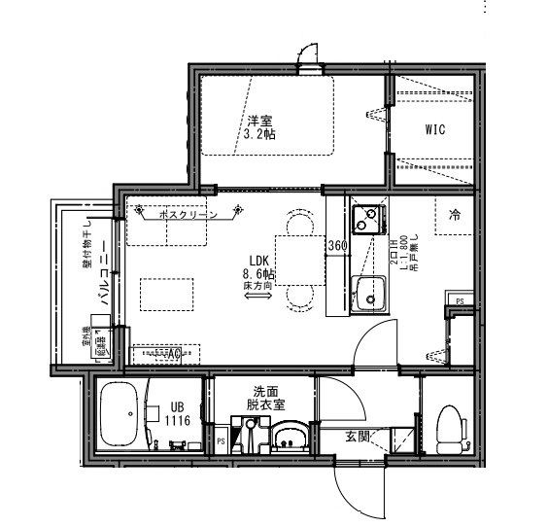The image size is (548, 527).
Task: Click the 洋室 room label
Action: pyautogui.click(x=259, y=120)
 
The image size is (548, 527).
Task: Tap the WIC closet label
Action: pyautogui.click(x=434, y=130)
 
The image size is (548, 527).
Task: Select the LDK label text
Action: pyautogui.click(x=257, y=261)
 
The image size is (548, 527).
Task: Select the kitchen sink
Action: pyautogui.click(x=369, y=291)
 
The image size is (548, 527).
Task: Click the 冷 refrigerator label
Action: pyautogui.click(x=454, y=216)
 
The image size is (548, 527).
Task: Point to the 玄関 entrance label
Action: pyautogui.click(x=358, y=436)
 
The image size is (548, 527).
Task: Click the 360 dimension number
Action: pyautogui.click(x=337, y=245)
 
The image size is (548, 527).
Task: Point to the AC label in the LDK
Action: pyautogui.click(x=174, y=356)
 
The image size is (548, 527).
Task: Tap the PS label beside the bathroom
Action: pyautogui.click(x=221, y=440)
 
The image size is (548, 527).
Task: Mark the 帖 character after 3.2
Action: pyautogui.click(x=268, y=134)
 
